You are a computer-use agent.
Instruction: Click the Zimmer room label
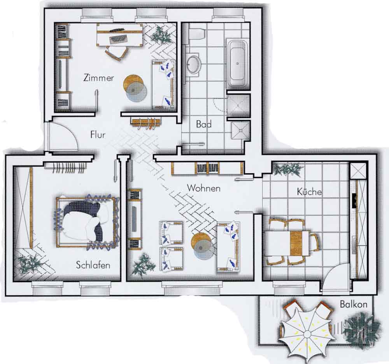[x=99, y=78]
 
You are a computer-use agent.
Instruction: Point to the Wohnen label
[x=203, y=188]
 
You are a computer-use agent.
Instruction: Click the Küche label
[x=309, y=191]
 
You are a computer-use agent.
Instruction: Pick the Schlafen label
[x=93, y=265]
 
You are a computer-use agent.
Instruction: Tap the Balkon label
[x=354, y=304]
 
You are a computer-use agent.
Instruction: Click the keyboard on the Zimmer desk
[x=118, y=39]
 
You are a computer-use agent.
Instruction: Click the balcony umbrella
[x=307, y=334]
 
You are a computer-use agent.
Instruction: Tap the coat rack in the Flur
[x=146, y=123]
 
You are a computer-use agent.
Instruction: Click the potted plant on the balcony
[x=361, y=327]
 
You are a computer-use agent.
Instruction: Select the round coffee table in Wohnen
[x=201, y=246]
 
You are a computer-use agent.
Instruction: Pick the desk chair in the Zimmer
[x=116, y=53]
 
